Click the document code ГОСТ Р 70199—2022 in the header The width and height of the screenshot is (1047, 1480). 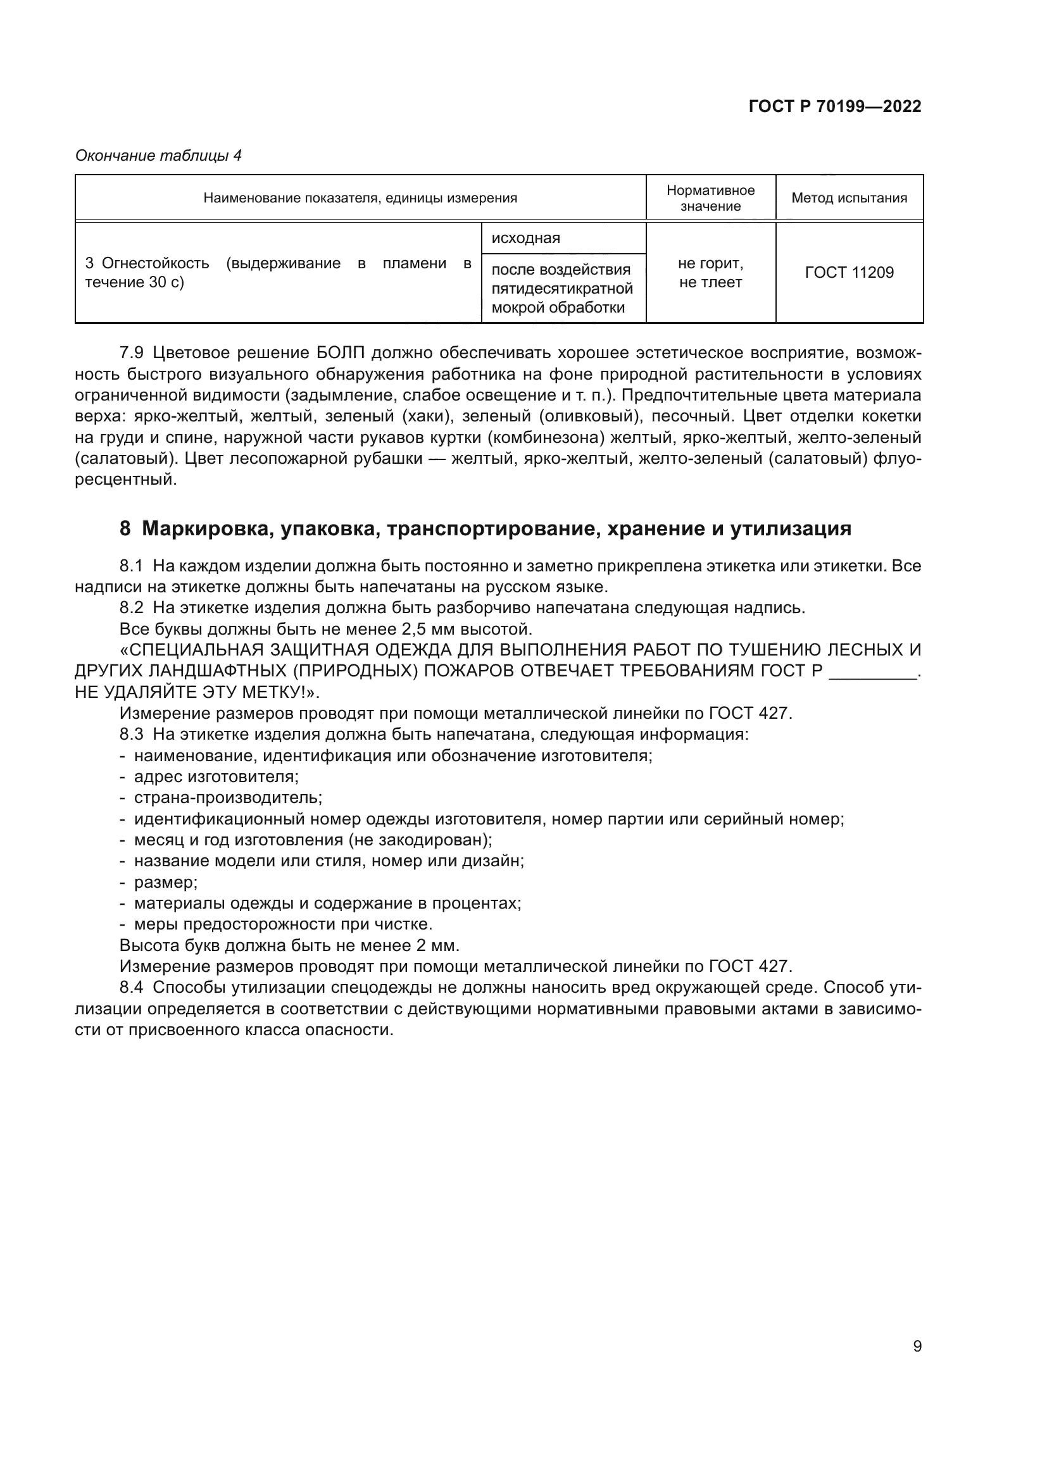(x=835, y=106)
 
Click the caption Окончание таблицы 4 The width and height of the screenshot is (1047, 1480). (x=159, y=156)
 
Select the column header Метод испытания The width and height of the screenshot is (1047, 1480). (x=849, y=198)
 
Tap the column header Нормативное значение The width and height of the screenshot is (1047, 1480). (x=710, y=198)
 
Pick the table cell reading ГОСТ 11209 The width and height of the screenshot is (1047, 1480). (x=849, y=273)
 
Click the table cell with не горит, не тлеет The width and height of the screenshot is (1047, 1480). (x=710, y=273)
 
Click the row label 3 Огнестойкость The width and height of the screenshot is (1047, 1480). (x=147, y=263)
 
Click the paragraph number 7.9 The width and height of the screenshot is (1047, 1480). (x=132, y=353)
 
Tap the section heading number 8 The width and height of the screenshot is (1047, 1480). (x=125, y=528)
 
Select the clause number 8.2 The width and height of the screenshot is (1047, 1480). (x=132, y=608)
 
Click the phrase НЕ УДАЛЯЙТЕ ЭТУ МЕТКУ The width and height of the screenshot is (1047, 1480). (x=190, y=692)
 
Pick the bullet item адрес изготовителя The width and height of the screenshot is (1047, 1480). (x=216, y=777)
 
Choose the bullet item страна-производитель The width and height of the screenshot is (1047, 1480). (x=228, y=798)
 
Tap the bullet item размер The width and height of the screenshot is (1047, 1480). (x=166, y=883)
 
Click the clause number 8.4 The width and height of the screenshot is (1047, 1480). (x=132, y=988)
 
